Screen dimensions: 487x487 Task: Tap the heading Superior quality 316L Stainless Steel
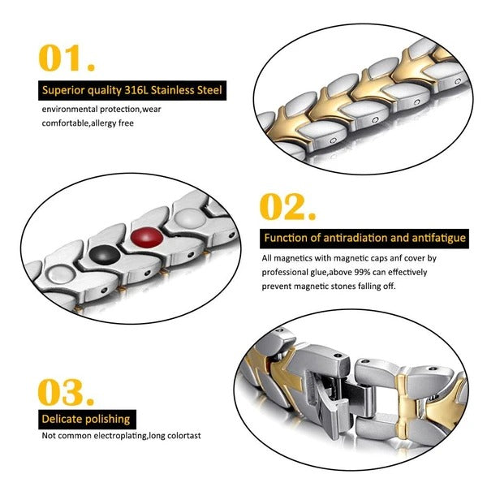[x=131, y=89]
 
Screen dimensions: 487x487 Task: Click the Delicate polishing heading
[x=87, y=419]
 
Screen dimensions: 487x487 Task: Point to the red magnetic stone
[x=147, y=239]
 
